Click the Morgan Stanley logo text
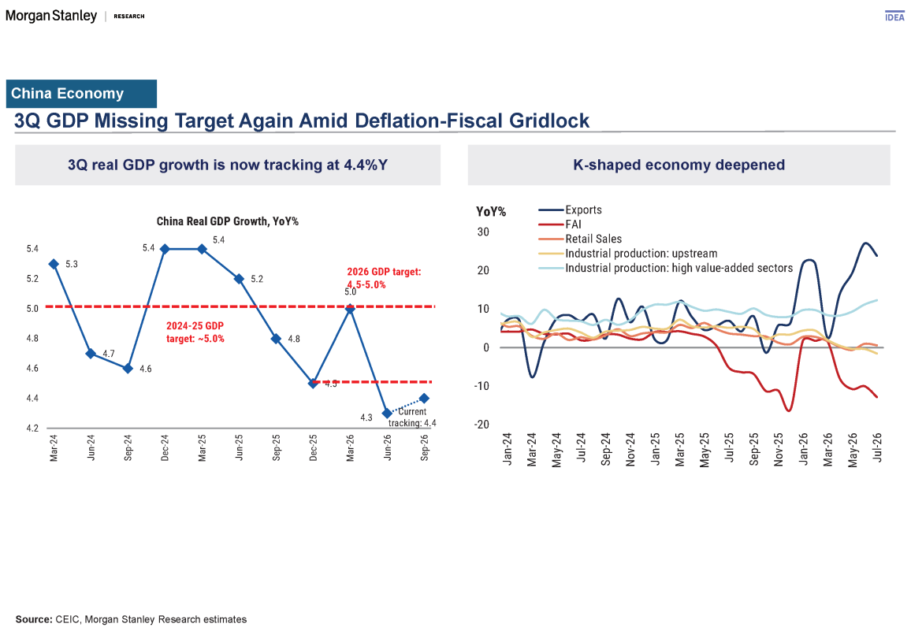(x=51, y=16)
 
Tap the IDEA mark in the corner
(x=894, y=17)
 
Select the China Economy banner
(x=81, y=94)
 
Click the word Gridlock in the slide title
(x=549, y=121)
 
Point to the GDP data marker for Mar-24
(x=54, y=265)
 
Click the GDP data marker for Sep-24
(x=128, y=369)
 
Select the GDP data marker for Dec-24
(x=165, y=249)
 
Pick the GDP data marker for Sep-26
(x=424, y=399)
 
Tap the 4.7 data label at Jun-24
(x=109, y=353)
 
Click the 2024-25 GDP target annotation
(x=195, y=332)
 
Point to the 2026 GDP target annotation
(x=384, y=278)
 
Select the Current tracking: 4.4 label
(x=412, y=418)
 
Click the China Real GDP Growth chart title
(x=227, y=221)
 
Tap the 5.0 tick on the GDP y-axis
(x=32, y=309)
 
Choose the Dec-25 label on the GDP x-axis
(x=313, y=448)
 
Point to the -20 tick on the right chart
(x=482, y=424)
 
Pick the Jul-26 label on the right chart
(x=877, y=447)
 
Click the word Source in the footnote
(x=34, y=619)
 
